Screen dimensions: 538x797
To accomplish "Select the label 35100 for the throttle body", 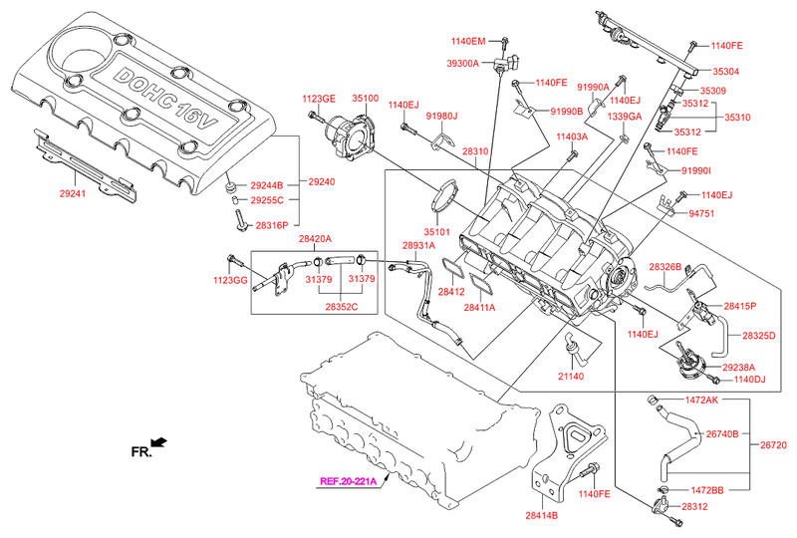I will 363,99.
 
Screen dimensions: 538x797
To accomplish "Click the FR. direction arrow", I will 157,441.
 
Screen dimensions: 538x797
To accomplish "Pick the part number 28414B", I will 542,516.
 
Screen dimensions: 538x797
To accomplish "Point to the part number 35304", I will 725,72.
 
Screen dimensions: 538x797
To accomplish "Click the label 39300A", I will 463,63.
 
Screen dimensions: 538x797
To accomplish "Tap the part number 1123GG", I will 231,281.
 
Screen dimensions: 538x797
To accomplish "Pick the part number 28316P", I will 271,226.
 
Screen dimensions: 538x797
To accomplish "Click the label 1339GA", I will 625,117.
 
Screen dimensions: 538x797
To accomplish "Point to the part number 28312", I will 695,507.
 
